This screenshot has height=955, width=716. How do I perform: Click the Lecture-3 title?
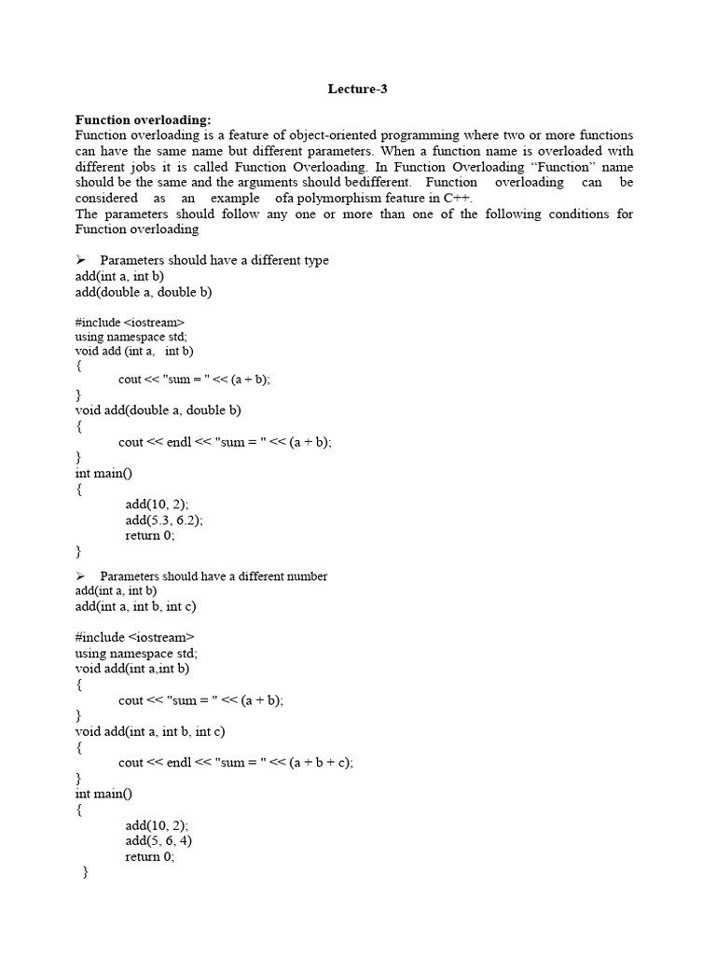pyautogui.click(x=357, y=90)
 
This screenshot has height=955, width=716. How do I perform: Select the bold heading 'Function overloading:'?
pyautogui.click(x=143, y=120)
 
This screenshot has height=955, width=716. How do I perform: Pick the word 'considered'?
pyautogui.click(x=106, y=198)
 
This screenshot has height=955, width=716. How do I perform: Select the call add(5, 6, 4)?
pyautogui.click(x=158, y=840)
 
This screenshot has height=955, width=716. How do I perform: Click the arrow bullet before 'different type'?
pyautogui.click(x=81, y=260)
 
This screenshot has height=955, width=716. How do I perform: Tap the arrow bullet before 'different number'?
pyautogui.click(x=81, y=576)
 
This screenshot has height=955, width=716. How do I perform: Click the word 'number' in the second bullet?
pyautogui.click(x=305, y=576)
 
